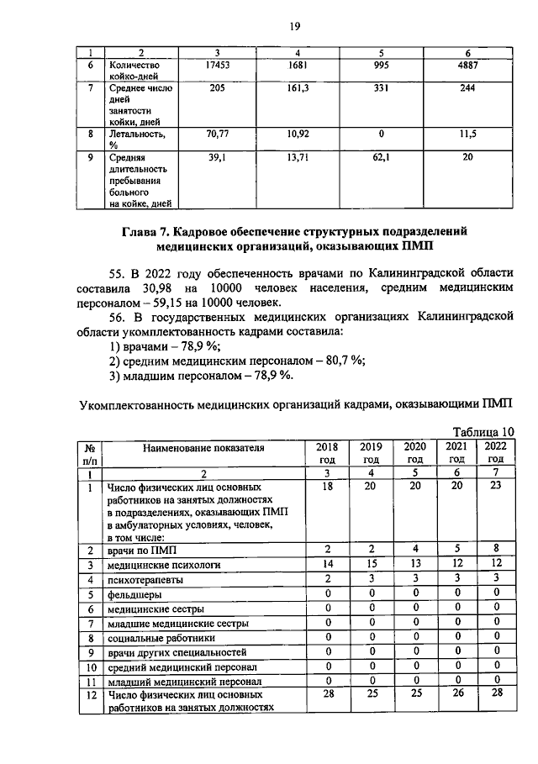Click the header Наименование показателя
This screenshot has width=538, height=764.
pos(203,448)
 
